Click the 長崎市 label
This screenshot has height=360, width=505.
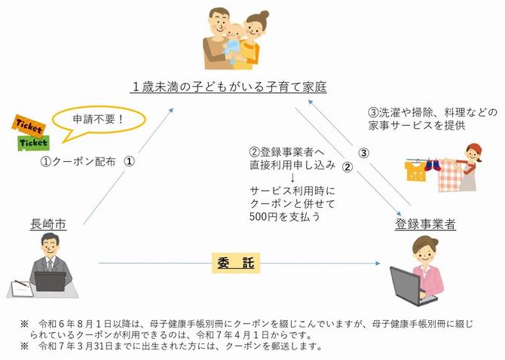[x=47, y=223]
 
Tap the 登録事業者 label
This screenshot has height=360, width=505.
[x=425, y=224]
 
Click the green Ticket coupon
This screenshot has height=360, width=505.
[x=32, y=141]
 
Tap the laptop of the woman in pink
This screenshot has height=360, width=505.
[x=412, y=285]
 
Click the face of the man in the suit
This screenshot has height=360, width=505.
[x=52, y=246]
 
